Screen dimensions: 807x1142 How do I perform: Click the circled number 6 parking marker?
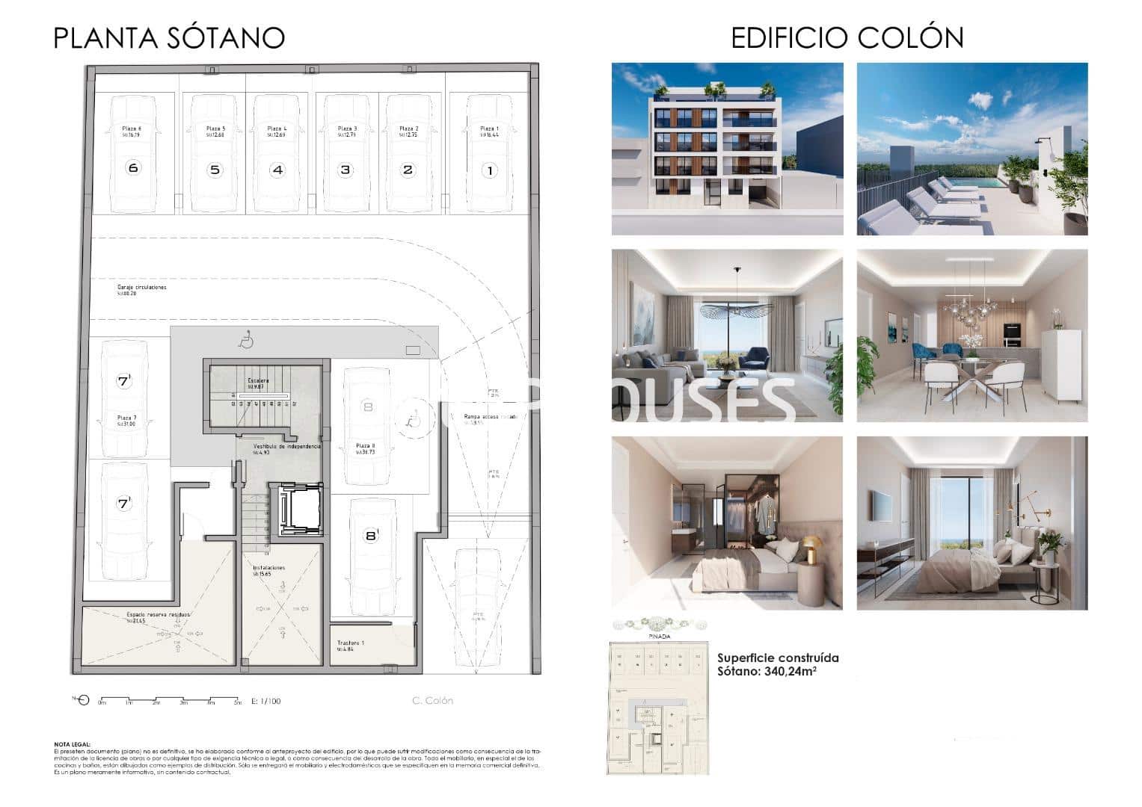tap(133, 168)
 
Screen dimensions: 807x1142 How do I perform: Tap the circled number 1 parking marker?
tap(490, 171)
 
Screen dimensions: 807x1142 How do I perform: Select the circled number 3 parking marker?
tap(345, 170)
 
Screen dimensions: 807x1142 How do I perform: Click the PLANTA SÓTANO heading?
tap(169, 38)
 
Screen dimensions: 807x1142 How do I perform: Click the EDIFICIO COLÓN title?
tap(847, 37)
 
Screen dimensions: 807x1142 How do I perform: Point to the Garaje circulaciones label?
tap(142, 288)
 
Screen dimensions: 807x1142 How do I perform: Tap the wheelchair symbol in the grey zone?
tap(245, 341)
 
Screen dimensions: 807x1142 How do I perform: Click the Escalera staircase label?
tap(258, 381)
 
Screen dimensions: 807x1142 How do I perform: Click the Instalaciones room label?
tap(268, 568)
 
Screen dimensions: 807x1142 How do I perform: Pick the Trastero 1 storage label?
tap(351, 643)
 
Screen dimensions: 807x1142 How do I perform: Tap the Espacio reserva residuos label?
tap(158, 614)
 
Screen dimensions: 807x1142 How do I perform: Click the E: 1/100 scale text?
tap(266, 701)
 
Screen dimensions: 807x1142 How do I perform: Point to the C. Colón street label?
tap(432, 701)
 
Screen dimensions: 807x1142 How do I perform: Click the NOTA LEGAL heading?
tap(73, 744)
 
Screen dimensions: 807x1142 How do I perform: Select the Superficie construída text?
tap(778, 658)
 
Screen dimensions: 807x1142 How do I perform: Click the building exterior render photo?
tap(727, 149)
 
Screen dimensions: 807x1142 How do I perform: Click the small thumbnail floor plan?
tap(657, 706)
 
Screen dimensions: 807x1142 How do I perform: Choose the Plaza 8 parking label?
tap(366, 445)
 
